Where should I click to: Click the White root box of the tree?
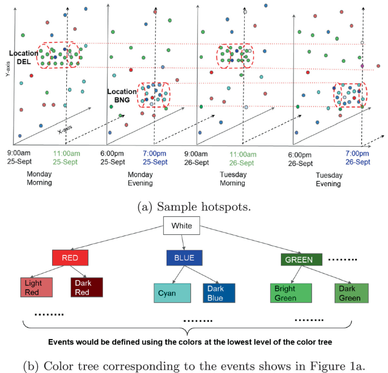tap(182, 227)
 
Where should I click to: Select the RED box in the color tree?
tap(70, 258)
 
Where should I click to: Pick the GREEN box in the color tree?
tap(301, 260)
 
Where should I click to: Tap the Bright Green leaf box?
tap(289, 293)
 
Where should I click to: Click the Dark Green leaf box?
tap(351, 293)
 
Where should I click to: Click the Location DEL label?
tap(23, 57)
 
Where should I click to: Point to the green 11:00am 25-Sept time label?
tap(67, 157)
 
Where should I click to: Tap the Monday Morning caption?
tap(40, 178)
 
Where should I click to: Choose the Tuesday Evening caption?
tap(329, 179)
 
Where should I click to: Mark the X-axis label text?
tap(66, 130)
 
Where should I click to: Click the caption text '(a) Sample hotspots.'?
tap(194, 207)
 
